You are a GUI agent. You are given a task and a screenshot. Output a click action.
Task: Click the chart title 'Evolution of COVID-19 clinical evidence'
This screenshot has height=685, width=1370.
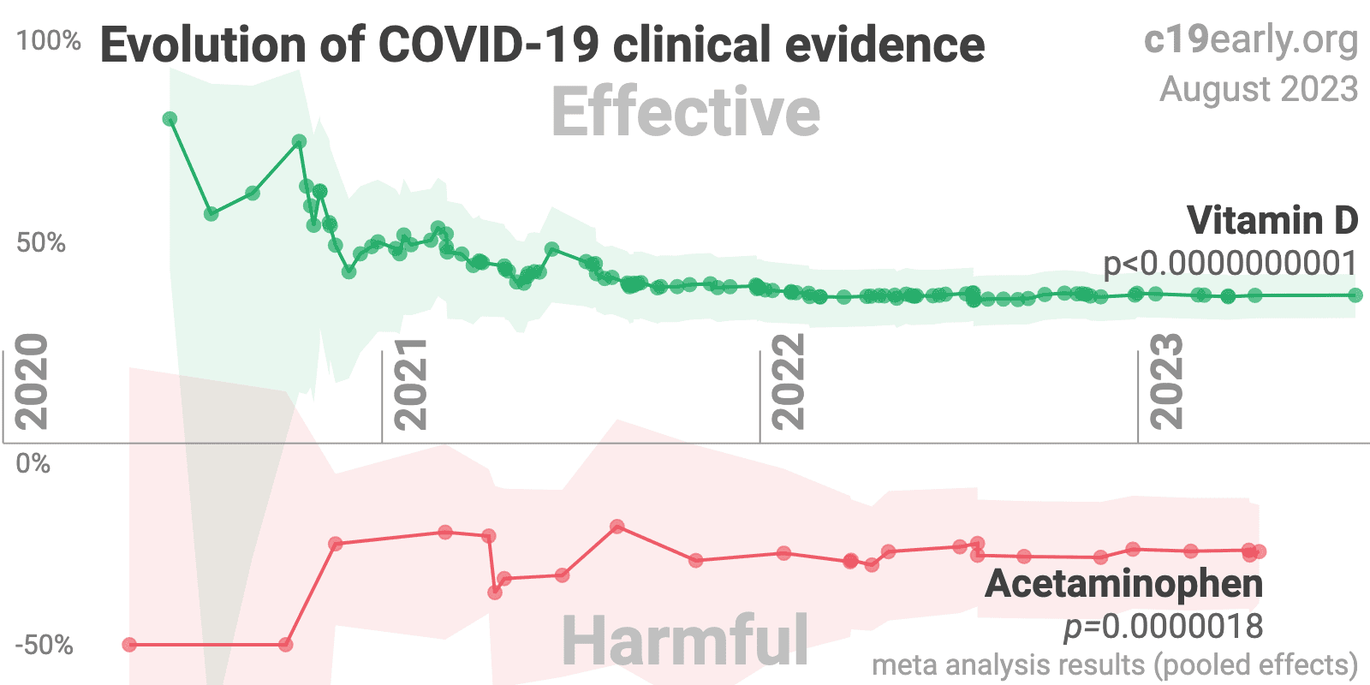click(x=542, y=45)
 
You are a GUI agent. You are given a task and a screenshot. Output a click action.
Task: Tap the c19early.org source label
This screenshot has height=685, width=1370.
click(x=1250, y=39)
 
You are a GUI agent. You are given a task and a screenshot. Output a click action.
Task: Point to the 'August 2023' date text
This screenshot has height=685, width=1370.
click(x=1259, y=89)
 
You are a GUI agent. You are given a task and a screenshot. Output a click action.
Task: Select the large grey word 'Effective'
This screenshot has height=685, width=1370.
click(x=685, y=112)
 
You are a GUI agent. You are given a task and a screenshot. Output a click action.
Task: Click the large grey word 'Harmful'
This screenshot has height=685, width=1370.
click(x=685, y=640)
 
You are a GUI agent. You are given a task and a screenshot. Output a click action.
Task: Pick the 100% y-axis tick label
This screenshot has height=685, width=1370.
click(x=49, y=41)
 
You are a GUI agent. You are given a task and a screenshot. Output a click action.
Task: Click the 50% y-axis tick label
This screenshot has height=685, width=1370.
click(x=40, y=243)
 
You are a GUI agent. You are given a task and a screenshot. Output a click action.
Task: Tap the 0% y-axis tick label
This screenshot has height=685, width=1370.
click(x=33, y=464)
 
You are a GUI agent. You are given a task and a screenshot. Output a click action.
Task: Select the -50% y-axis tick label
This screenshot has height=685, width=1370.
click(x=44, y=645)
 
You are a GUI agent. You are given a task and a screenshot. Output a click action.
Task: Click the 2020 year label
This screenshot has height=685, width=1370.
click(x=32, y=382)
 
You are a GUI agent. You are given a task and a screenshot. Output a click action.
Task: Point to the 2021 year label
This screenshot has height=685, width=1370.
click(x=410, y=383)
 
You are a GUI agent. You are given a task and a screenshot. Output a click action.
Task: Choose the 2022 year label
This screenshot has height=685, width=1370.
click(x=788, y=382)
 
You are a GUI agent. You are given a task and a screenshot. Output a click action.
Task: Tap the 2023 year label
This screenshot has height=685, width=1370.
click(x=1166, y=382)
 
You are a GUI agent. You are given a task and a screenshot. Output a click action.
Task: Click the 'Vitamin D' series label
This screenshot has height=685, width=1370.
click(x=1272, y=221)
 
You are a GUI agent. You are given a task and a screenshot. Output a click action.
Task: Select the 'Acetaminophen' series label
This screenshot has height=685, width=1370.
click(x=1124, y=584)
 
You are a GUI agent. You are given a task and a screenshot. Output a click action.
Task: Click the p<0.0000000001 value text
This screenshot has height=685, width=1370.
click(x=1230, y=264)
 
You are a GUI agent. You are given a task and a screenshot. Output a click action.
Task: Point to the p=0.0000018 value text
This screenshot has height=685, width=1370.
click(x=1163, y=627)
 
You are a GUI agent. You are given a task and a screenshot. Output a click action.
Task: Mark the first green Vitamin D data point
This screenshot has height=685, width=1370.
click(x=170, y=119)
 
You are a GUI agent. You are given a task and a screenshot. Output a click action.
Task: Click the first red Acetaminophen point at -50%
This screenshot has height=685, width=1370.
click(x=129, y=645)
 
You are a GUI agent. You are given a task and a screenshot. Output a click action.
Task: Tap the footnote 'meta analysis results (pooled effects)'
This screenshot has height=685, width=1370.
click(x=1115, y=665)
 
